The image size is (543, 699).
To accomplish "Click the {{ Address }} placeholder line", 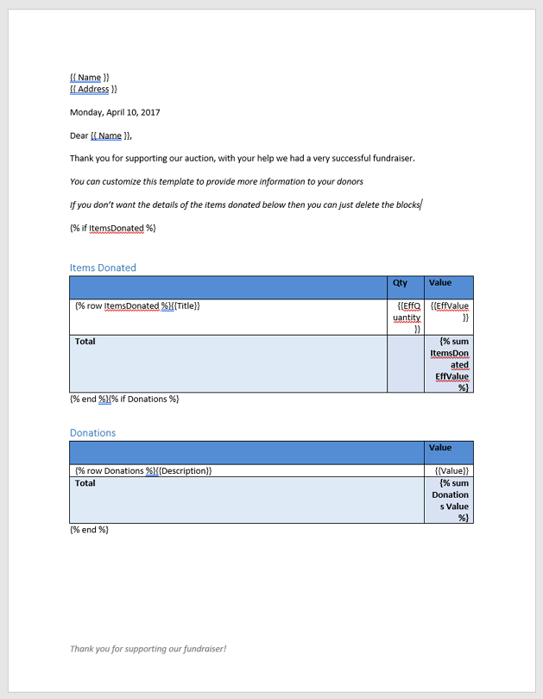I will point(93,89).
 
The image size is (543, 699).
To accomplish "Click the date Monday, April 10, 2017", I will point(115,112).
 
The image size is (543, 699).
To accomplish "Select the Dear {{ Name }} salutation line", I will point(101,135).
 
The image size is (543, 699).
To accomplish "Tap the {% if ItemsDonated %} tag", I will point(112,228).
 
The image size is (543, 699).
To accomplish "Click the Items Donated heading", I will point(103,268).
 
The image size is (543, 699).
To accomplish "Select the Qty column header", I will point(400,282).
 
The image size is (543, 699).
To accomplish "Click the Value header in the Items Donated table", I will point(440,282).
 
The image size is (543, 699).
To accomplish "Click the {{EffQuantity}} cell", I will point(407,317).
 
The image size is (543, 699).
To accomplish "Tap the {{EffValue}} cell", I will point(450,312).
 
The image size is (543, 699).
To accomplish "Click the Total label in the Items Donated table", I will point(85,341).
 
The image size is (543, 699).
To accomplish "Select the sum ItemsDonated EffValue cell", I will point(450,364).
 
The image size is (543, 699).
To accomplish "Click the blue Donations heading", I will point(92,432).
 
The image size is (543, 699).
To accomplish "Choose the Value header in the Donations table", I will point(440,448).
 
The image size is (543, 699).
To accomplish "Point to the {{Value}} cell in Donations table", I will point(452,470).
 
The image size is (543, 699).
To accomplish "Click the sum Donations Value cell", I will point(450,501).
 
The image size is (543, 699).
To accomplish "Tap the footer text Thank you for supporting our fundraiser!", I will point(148,648).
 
